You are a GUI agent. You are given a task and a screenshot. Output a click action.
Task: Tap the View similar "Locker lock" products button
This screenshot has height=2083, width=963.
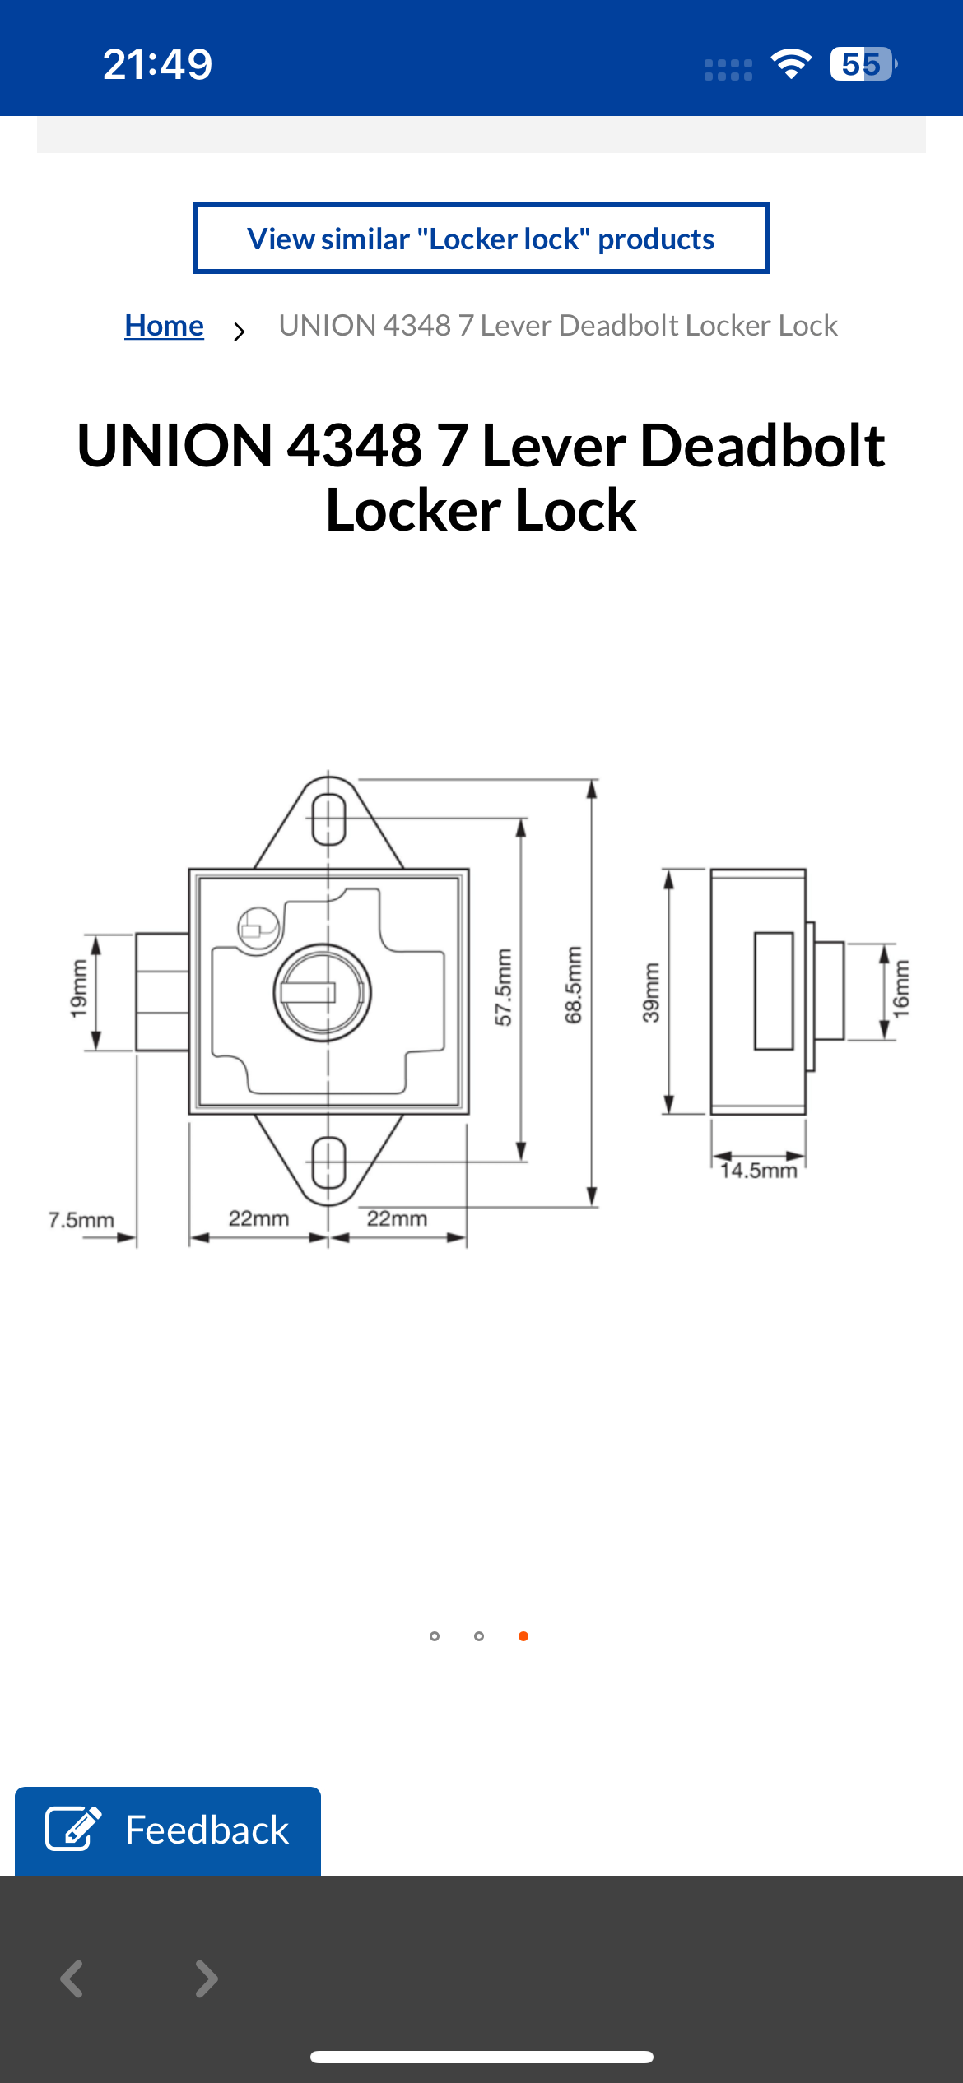[x=481, y=239]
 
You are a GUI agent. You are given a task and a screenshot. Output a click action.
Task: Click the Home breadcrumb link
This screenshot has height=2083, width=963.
[x=164, y=326]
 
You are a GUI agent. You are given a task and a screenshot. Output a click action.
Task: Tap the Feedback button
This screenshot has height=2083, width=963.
[x=168, y=1830]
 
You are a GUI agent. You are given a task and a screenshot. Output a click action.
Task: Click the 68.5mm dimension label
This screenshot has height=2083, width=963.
[x=574, y=985]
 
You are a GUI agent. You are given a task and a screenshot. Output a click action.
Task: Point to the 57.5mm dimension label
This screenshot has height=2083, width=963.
[x=504, y=987]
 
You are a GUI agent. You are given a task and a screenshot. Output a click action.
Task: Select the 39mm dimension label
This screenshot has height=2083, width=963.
[x=651, y=992]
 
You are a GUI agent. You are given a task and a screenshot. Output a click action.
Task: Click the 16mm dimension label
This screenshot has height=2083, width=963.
[x=901, y=990]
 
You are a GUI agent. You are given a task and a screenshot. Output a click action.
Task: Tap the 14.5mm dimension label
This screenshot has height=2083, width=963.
[x=758, y=1171]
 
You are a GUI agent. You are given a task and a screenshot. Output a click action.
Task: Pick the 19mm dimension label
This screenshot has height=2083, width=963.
[x=78, y=990]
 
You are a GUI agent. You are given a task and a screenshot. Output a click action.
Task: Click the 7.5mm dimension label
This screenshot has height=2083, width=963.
[x=81, y=1220]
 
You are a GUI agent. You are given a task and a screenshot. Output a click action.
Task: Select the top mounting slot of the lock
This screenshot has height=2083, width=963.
[x=329, y=819]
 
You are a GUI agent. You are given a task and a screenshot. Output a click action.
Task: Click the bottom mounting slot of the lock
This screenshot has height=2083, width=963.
[x=329, y=1162]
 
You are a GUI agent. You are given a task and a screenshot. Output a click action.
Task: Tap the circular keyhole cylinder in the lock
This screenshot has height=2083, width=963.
[x=323, y=992]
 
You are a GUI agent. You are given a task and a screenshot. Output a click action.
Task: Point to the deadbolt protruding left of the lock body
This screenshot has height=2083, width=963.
[x=162, y=991]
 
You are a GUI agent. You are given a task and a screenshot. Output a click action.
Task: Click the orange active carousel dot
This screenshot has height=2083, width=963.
[x=523, y=1636]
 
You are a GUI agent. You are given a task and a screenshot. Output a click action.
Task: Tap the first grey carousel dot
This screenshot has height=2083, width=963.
[x=435, y=1636]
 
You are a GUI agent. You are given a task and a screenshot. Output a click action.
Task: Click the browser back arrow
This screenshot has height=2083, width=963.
[x=72, y=1979]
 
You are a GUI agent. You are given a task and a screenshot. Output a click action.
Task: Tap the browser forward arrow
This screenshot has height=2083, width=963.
[x=206, y=1979]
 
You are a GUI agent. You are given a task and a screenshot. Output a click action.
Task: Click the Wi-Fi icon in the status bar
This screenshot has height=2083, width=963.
[x=791, y=64]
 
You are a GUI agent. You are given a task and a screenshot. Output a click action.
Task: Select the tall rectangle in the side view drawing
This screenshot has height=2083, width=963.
[x=774, y=991]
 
